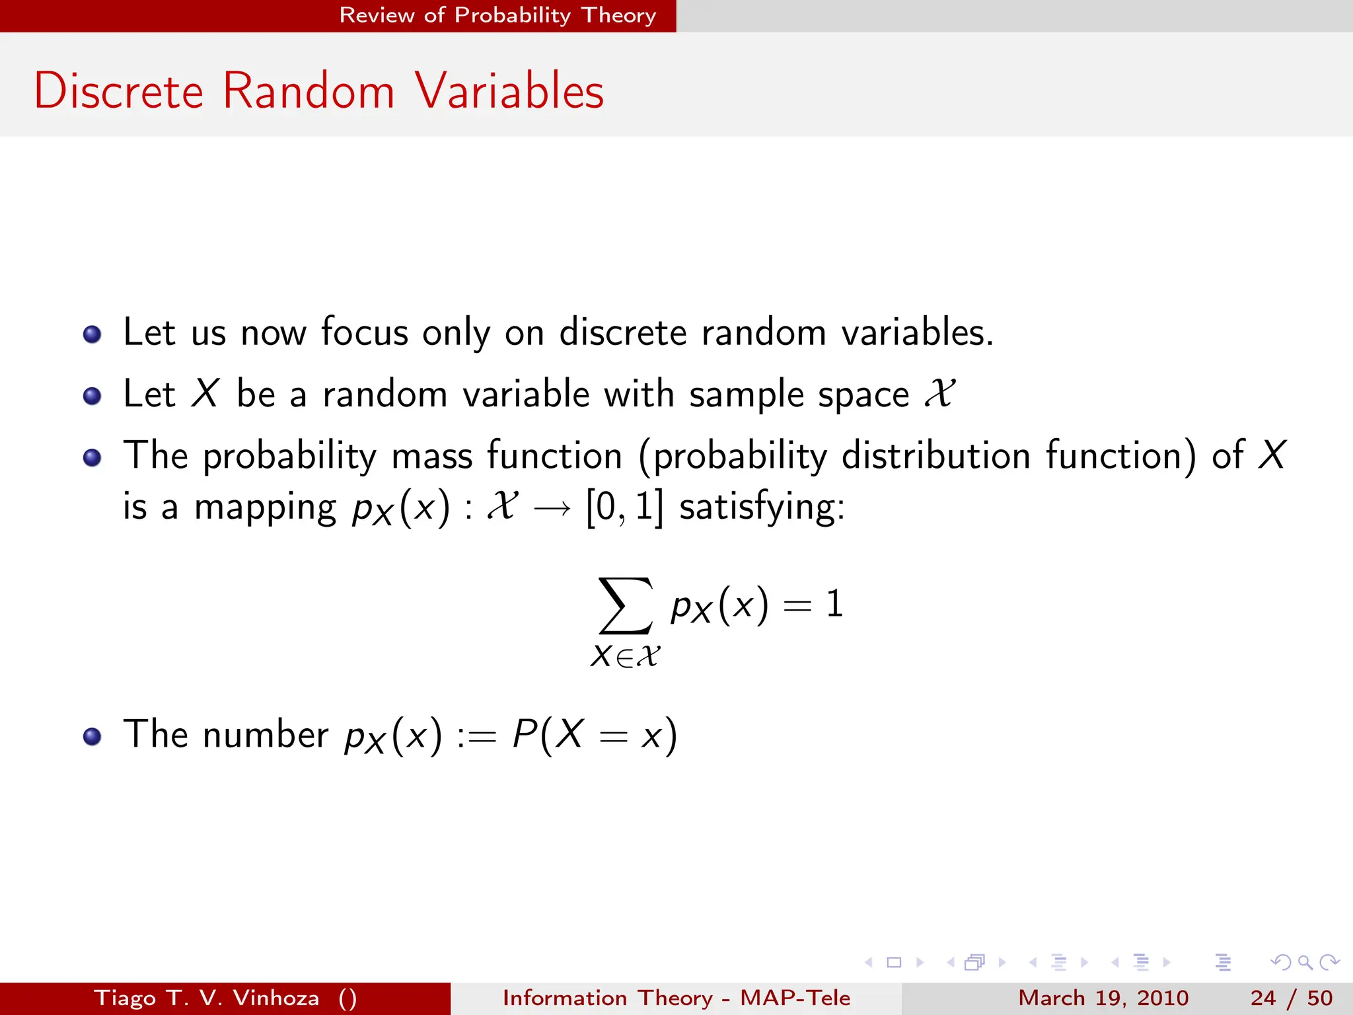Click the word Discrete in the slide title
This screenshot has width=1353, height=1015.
click(119, 91)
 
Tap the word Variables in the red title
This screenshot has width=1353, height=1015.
click(509, 91)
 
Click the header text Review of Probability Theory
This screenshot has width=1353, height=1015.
click(497, 15)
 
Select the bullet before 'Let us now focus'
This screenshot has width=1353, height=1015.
click(92, 334)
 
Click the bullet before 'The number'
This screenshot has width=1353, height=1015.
click(92, 736)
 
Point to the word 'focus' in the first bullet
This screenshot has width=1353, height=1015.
click(365, 332)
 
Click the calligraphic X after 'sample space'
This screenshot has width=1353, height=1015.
click(939, 394)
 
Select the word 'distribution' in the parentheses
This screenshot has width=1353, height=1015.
click(936, 456)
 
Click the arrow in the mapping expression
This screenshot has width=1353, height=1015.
click(552, 508)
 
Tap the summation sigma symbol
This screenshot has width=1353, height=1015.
click(625, 605)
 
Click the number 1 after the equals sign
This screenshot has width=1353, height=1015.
click(835, 604)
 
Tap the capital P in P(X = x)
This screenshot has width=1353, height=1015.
click(525, 733)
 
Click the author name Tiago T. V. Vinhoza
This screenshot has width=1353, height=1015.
click(206, 998)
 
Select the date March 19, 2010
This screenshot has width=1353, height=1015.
click(1103, 998)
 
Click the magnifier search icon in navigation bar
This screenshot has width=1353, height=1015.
click(1305, 962)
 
